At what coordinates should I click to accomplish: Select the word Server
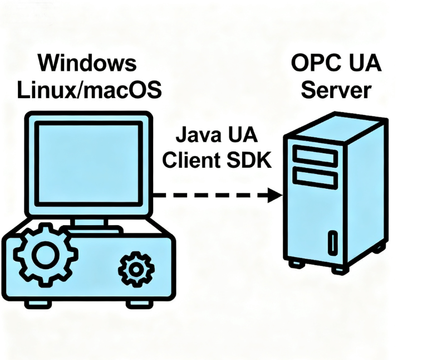coord(333,89)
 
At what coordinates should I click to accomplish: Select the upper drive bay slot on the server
coord(315,155)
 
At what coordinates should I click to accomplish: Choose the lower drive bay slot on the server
coord(315,177)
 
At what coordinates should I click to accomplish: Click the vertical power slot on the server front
coord(332,242)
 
